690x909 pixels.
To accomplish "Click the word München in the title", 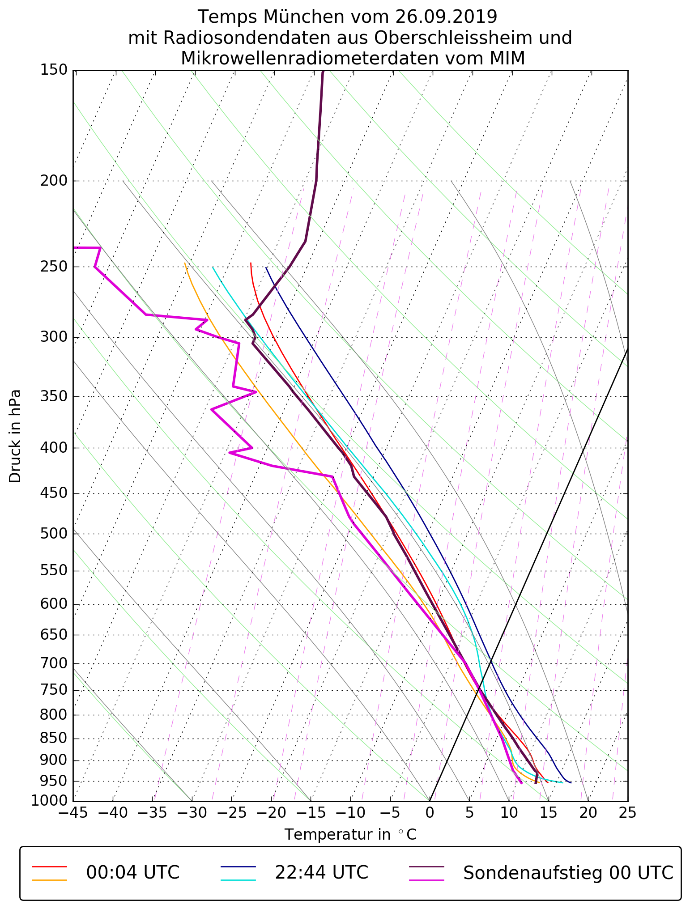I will click(303, 17).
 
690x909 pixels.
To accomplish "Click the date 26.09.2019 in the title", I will click(446, 17).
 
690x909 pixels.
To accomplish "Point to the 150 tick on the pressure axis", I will click(54, 70).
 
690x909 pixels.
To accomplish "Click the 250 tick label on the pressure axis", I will click(54, 267).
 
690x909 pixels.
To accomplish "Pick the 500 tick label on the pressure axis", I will click(54, 534).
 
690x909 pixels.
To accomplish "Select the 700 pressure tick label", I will click(54, 663).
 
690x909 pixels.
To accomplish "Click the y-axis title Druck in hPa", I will click(15, 436).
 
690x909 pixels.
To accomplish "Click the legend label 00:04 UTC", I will click(133, 873).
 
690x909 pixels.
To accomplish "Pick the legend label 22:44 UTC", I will click(321, 873).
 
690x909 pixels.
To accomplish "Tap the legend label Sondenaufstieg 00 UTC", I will click(568, 873).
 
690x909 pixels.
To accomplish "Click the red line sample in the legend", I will click(49, 867).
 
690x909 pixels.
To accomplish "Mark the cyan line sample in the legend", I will click(238, 880).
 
